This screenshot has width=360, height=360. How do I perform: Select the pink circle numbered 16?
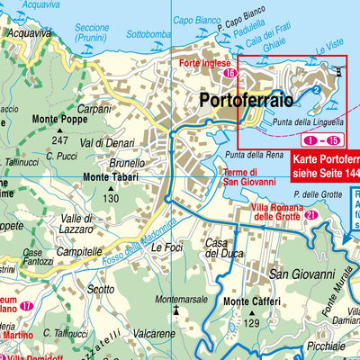point(230,73)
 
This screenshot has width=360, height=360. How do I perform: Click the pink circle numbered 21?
point(310,216)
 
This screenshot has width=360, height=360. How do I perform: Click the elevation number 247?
point(60,141)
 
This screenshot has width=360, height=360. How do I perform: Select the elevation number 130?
point(111,198)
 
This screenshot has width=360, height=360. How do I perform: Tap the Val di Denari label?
point(106,142)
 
